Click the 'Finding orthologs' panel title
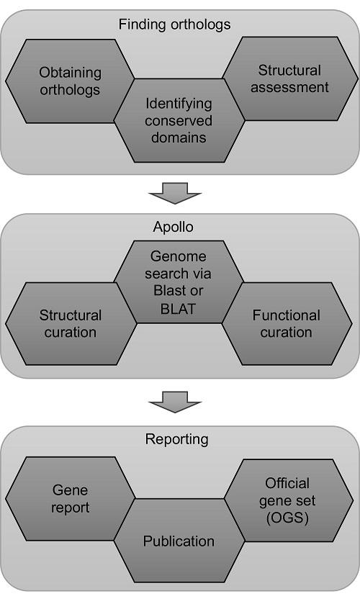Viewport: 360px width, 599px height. pos(174,24)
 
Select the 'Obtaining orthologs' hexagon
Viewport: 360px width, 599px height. pos(70,81)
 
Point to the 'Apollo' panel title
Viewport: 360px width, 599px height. pos(174,226)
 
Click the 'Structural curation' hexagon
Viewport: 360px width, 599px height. pos(70,323)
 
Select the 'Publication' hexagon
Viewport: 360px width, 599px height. pos(178,540)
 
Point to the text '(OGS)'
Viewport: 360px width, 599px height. pos(287,517)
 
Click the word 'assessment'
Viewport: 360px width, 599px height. pos(293,88)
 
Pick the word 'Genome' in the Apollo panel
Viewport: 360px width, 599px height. pos(178,257)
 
